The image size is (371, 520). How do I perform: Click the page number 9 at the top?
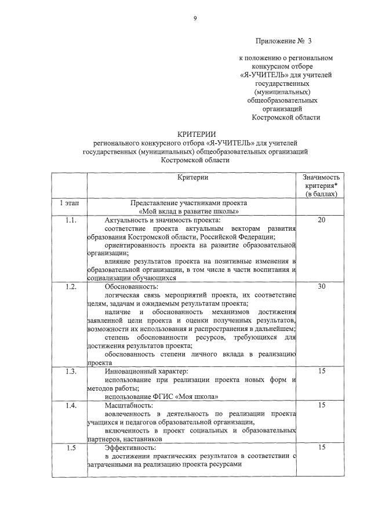[x=195, y=19]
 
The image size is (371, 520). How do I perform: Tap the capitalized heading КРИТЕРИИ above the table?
[x=192, y=134]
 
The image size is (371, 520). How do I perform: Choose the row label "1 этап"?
[x=69, y=203]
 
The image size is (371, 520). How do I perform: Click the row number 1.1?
[x=70, y=220]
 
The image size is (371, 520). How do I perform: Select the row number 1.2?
[x=70, y=286]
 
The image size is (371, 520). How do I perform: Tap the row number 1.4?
[x=70, y=405]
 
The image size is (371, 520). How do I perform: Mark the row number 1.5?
[x=70, y=448]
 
